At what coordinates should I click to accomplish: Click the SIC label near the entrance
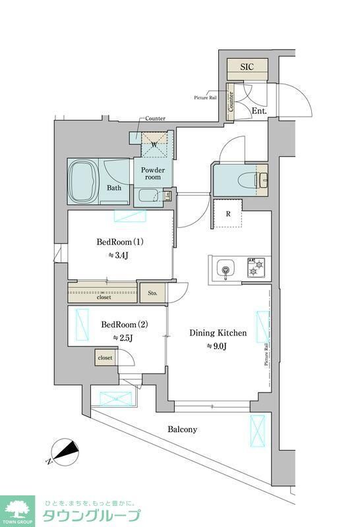pos(247,67)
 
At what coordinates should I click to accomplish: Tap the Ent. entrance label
pos(260,111)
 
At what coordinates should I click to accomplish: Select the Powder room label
pos(153,173)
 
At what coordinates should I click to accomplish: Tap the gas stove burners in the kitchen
pos(255,269)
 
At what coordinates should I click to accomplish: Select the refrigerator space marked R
pos(227,213)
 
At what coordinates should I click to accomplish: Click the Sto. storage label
pos(152,292)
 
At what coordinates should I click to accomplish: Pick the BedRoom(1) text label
pos(120,241)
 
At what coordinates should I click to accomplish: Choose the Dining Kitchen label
pos(218,333)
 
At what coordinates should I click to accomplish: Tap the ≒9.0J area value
pos(218,347)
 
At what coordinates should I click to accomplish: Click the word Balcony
pos(182,429)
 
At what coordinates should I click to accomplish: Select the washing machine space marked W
pos(154,144)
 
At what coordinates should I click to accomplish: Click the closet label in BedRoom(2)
pos(105,357)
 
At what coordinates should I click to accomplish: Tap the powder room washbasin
pos(149,196)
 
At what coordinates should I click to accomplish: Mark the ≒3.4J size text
pos(120,255)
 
